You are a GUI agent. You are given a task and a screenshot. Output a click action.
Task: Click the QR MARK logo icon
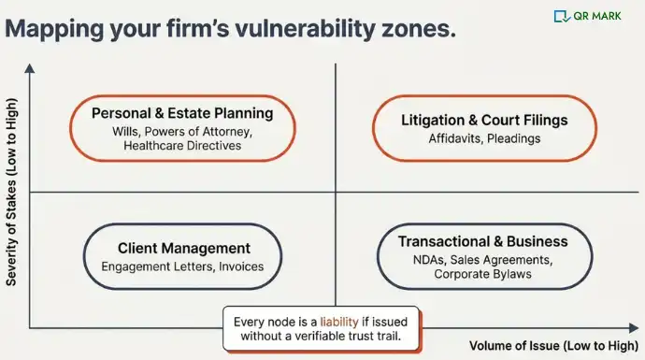pyautogui.click(x=562, y=16)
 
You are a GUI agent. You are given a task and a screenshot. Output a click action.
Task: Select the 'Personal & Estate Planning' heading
pyautogui.click(x=182, y=113)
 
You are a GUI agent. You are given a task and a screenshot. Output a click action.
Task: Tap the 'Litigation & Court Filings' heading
pyautogui.click(x=484, y=121)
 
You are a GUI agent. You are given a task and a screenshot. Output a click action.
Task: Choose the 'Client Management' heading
pyautogui.click(x=184, y=248)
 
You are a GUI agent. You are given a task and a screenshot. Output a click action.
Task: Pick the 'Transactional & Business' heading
pyautogui.click(x=482, y=241)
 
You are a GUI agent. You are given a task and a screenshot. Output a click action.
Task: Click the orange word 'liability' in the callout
pyautogui.click(x=339, y=321)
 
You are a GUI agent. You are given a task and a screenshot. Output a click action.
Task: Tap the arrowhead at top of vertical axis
pyautogui.click(x=30, y=68)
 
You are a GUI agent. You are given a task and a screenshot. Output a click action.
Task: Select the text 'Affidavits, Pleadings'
pyautogui.click(x=483, y=138)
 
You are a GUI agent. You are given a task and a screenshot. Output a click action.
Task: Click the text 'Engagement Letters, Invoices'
pyautogui.click(x=182, y=266)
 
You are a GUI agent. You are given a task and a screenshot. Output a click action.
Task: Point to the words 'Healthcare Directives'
pyautogui.click(x=182, y=146)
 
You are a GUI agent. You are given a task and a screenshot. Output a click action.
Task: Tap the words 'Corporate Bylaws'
pyautogui.click(x=483, y=275)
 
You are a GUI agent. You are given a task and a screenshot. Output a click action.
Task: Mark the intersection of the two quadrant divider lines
pyautogui.click(x=334, y=193)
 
